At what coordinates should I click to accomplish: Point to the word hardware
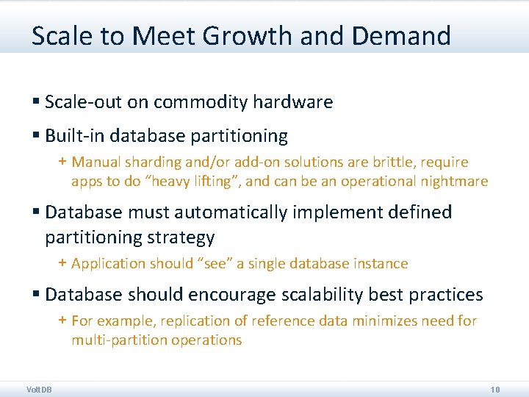(293, 102)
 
